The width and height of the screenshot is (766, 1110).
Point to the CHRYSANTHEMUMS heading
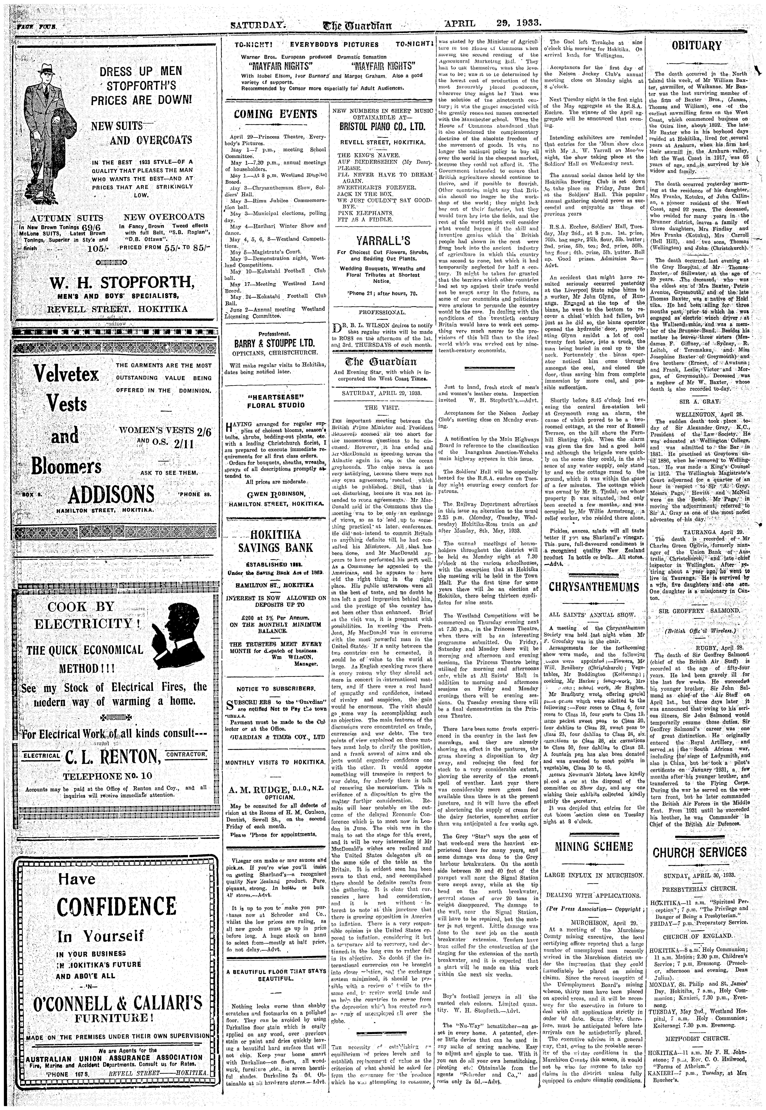point(594,587)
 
